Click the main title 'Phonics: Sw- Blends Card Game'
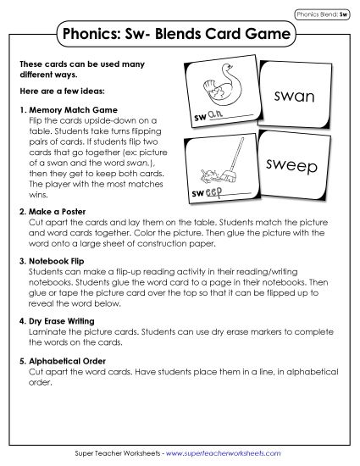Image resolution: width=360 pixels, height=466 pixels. click(180, 35)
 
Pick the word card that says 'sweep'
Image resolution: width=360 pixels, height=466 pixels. click(293, 165)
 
